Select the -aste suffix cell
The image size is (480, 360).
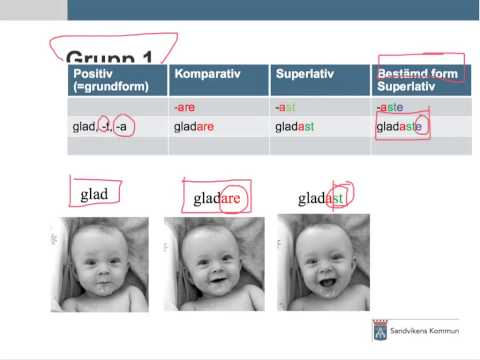(390, 106)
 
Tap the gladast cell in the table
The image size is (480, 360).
(294, 127)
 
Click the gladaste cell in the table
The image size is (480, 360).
(398, 127)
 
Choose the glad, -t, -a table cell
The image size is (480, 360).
(103, 127)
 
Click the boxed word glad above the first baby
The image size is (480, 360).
(94, 193)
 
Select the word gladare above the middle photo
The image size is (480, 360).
(218, 199)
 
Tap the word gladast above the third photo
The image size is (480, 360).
(320, 199)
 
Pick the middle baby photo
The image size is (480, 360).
(207, 263)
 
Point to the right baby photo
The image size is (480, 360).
(318, 263)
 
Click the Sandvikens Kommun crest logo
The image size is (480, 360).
(379, 332)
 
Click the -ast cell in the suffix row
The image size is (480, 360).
(285, 106)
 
